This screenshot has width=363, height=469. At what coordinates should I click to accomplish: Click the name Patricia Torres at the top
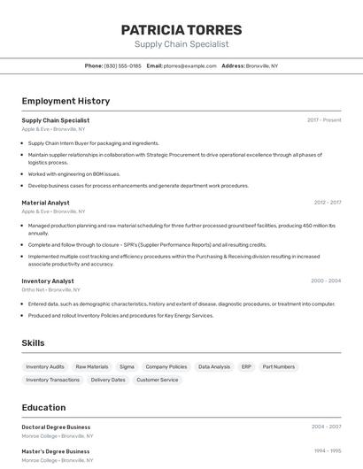[181, 30]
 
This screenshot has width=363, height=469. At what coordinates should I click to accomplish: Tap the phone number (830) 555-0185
[122, 65]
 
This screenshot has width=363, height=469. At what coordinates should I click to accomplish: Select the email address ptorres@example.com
[189, 65]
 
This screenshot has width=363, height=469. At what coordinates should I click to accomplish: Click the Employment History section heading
[66, 101]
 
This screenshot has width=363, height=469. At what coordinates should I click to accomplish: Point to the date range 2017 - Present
[324, 120]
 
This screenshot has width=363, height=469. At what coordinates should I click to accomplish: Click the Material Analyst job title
[45, 203]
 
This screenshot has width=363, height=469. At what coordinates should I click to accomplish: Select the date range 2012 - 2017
[327, 203]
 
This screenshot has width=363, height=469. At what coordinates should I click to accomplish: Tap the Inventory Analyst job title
[48, 281]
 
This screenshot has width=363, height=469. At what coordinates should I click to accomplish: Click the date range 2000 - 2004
[326, 281]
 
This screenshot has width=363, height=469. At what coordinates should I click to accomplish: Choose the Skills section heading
[33, 343]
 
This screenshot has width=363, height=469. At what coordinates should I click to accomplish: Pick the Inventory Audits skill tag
[45, 366]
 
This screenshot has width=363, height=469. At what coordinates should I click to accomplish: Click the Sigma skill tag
[127, 366]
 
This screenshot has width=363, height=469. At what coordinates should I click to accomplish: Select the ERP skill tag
[246, 366]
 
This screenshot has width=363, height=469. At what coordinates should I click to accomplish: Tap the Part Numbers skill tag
[278, 366]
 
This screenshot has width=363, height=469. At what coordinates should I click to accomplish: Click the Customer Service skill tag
[157, 380]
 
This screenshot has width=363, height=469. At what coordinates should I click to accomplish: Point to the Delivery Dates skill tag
[108, 380]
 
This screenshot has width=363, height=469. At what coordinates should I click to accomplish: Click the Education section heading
[43, 408]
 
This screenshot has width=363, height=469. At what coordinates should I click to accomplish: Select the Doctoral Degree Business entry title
[56, 427]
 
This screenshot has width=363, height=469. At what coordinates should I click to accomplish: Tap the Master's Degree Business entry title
[56, 450]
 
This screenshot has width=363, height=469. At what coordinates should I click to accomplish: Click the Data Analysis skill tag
[214, 366]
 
